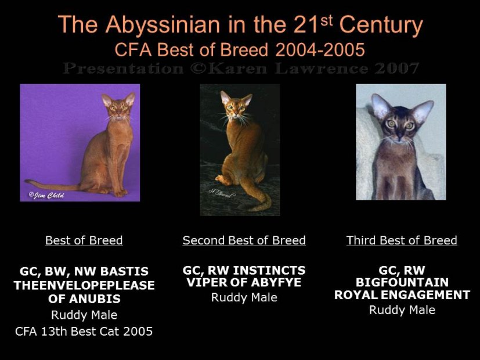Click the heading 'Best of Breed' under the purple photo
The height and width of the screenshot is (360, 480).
[84, 240]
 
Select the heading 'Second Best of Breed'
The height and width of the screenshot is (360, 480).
[244, 240]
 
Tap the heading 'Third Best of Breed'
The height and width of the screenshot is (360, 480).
[402, 240]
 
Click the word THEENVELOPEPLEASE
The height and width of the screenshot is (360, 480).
[84, 285]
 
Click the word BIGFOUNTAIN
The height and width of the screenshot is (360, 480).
[402, 283]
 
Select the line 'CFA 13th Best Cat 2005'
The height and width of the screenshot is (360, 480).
[84, 332]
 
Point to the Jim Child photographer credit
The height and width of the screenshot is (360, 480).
[46, 195]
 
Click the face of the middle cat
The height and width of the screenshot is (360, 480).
[236, 107]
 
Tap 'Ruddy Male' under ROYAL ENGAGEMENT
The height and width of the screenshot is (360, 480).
[402, 310]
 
